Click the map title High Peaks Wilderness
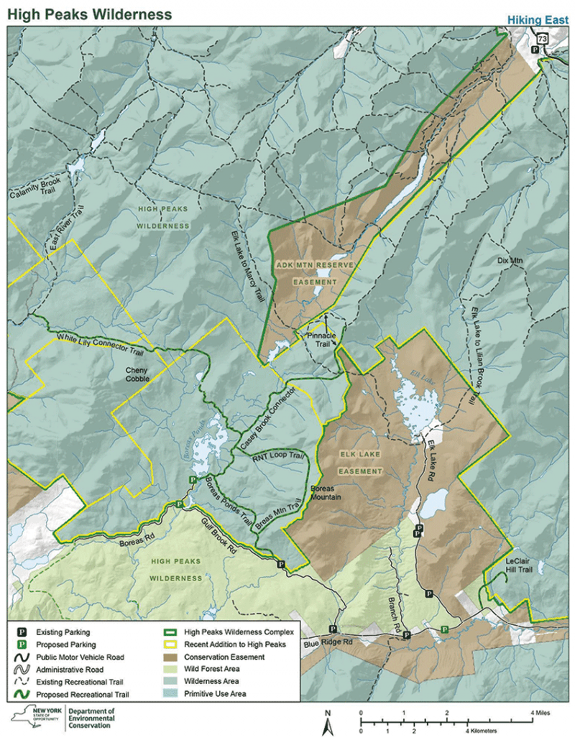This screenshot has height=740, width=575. click(x=90, y=14)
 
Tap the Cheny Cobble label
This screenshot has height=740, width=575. click(x=137, y=374)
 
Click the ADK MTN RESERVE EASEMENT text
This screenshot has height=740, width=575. click(x=315, y=274)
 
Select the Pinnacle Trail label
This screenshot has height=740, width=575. click(x=323, y=339)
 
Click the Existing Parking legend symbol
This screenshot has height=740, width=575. click(x=22, y=633)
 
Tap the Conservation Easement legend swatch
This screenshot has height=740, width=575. click(x=170, y=657)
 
